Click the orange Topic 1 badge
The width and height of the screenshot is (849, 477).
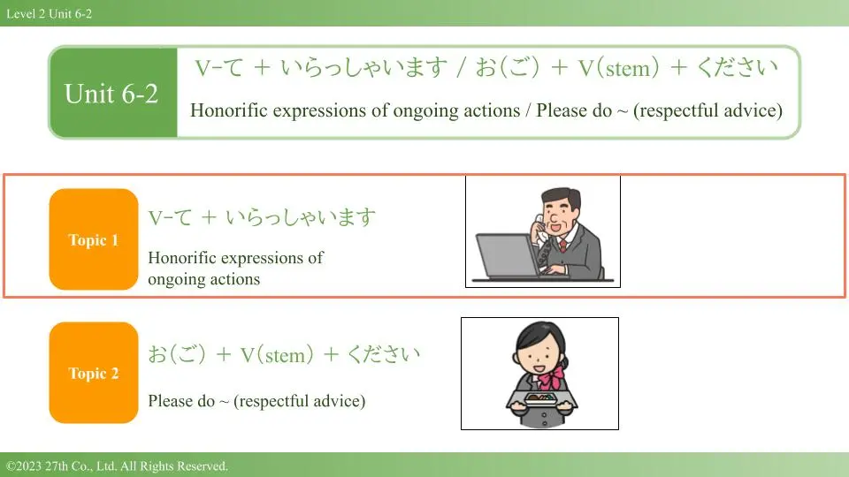[x=94, y=239]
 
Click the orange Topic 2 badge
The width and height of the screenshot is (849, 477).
[x=94, y=373]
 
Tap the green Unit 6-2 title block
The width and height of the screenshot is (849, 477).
[x=113, y=93]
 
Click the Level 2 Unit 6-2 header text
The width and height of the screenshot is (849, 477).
[x=50, y=14]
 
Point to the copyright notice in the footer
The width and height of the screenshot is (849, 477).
[x=117, y=466]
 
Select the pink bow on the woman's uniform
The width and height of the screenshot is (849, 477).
[x=552, y=376]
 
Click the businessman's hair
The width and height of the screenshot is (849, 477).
[x=561, y=197]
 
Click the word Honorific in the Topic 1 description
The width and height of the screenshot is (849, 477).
[x=184, y=257]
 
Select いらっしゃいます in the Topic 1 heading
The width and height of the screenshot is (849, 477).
[x=301, y=217]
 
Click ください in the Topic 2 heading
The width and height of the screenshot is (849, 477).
[x=383, y=354]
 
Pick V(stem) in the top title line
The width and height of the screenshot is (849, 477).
[x=618, y=68]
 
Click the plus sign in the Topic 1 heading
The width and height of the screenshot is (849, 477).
[x=209, y=217]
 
